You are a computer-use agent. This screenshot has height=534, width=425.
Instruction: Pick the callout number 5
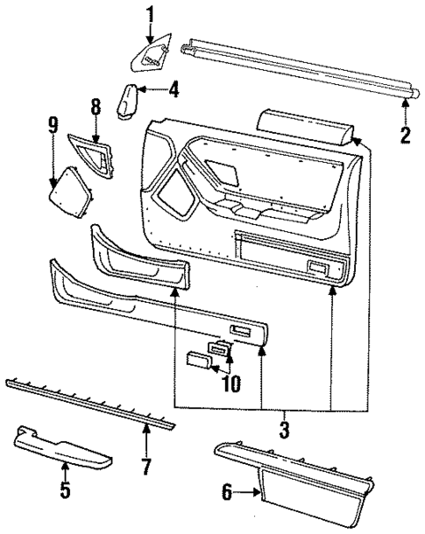point(65,489)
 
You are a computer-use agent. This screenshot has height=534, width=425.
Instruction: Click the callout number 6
point(228,494)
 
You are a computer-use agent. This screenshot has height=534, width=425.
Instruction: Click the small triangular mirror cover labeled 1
point(151,59)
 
